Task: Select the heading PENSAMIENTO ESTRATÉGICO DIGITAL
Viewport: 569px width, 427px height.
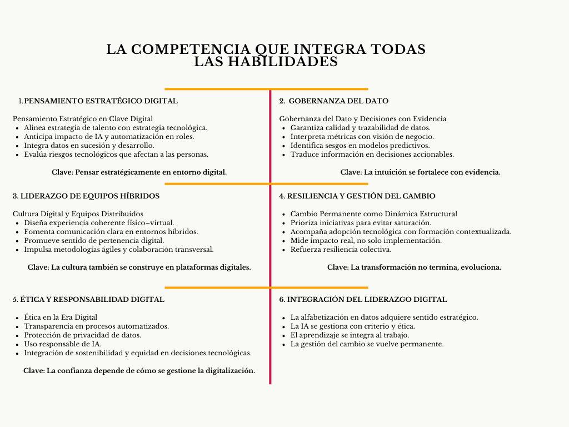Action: (x=101, y=101)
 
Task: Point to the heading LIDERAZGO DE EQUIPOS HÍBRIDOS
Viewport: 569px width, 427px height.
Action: (x=86, y=196)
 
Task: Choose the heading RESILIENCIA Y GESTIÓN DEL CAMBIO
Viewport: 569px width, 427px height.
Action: (x=357, y=196)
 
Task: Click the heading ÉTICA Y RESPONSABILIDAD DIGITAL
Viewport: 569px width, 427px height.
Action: (x=88, y=299)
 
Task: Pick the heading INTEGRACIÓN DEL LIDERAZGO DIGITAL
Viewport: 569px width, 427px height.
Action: (x=363, y=299)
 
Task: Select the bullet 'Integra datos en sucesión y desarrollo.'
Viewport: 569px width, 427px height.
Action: (x=89, y=145)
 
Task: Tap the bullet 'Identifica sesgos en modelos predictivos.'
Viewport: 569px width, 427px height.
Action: (x=360, y=145)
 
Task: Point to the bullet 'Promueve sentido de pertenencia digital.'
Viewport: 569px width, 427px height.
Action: (x=94, y=240)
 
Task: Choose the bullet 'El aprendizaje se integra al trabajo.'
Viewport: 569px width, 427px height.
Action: (x=350, y=335)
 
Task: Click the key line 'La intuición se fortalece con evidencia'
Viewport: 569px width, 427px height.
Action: (x=420, y=172)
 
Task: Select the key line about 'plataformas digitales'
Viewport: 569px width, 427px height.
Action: (x=139, y=267)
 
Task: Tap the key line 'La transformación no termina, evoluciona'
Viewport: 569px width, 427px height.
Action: (x=414, y=267)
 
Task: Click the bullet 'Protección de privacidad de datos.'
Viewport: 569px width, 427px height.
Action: (x=82, y=335)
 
